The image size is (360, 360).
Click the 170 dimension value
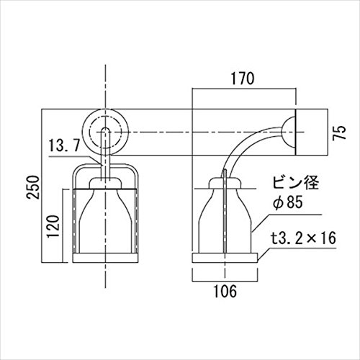click(243, 78)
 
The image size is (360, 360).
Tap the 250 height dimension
click(33, 187)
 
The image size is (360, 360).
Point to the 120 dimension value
click(53, 227)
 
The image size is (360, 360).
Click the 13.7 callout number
click(64, 145)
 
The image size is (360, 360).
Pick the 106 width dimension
click(225, 292)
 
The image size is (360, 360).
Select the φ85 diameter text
click(288, 202)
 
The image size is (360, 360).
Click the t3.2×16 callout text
click(304, 238)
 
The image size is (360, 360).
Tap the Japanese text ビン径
click(295, 183)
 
